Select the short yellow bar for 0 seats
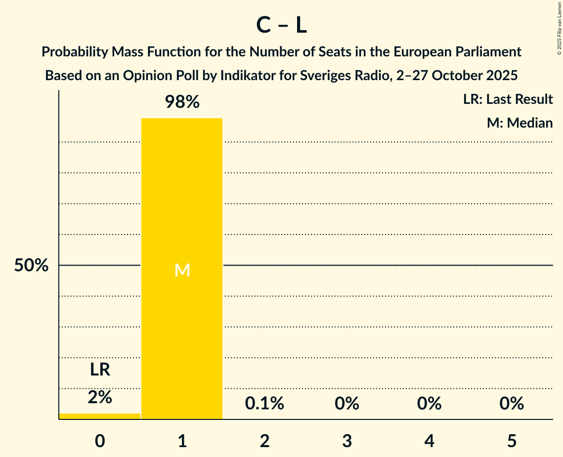click(x=100, y=416)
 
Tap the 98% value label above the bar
click(x=182, y=102)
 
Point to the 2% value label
click(x=100, y=397)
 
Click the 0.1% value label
click(x=264, y=404)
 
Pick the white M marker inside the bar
click(x=182, y=270)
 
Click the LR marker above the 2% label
click(x=100, y=369)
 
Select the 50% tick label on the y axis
click(x=31, y=266)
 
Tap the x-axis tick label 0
click(x=100, y=441)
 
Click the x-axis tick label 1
click(x=182, y=441)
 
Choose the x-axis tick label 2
click(x=264, y=441)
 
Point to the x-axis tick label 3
click(x=347, y=441)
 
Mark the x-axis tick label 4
click(x=429, y=441)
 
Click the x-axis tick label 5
click(x=512, y=441)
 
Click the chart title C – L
click(x=281, y=26)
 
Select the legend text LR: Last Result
click(x=508, y=99)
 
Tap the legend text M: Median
click(x=520, y=123)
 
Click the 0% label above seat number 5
click(x=512, y=404)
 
